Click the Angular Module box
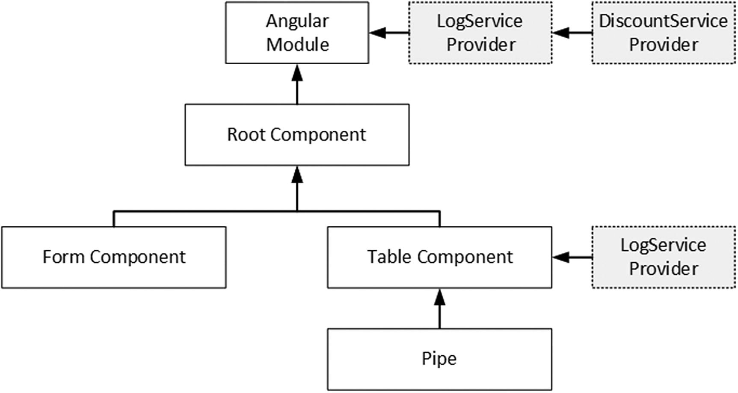[x=297, y=33]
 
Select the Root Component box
[x=297, y=135]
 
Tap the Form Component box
[x=114, y=257]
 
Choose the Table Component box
[x=439, y=257]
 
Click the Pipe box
[x=439, y=359]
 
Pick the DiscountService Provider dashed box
[x=664, y=33]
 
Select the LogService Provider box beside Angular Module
[x=480, y=33]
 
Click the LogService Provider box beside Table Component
[x=664, y=257]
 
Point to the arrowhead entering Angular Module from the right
[x=377, y=33]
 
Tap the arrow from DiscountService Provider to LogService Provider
[x=572, y=33]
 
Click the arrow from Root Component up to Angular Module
[x=297, y=86]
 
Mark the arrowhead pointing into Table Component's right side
[x=560, y=257]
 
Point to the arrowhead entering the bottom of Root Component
[x=297, y=174]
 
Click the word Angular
[x=297, y=21]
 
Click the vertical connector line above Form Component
[x=114, y=219]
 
